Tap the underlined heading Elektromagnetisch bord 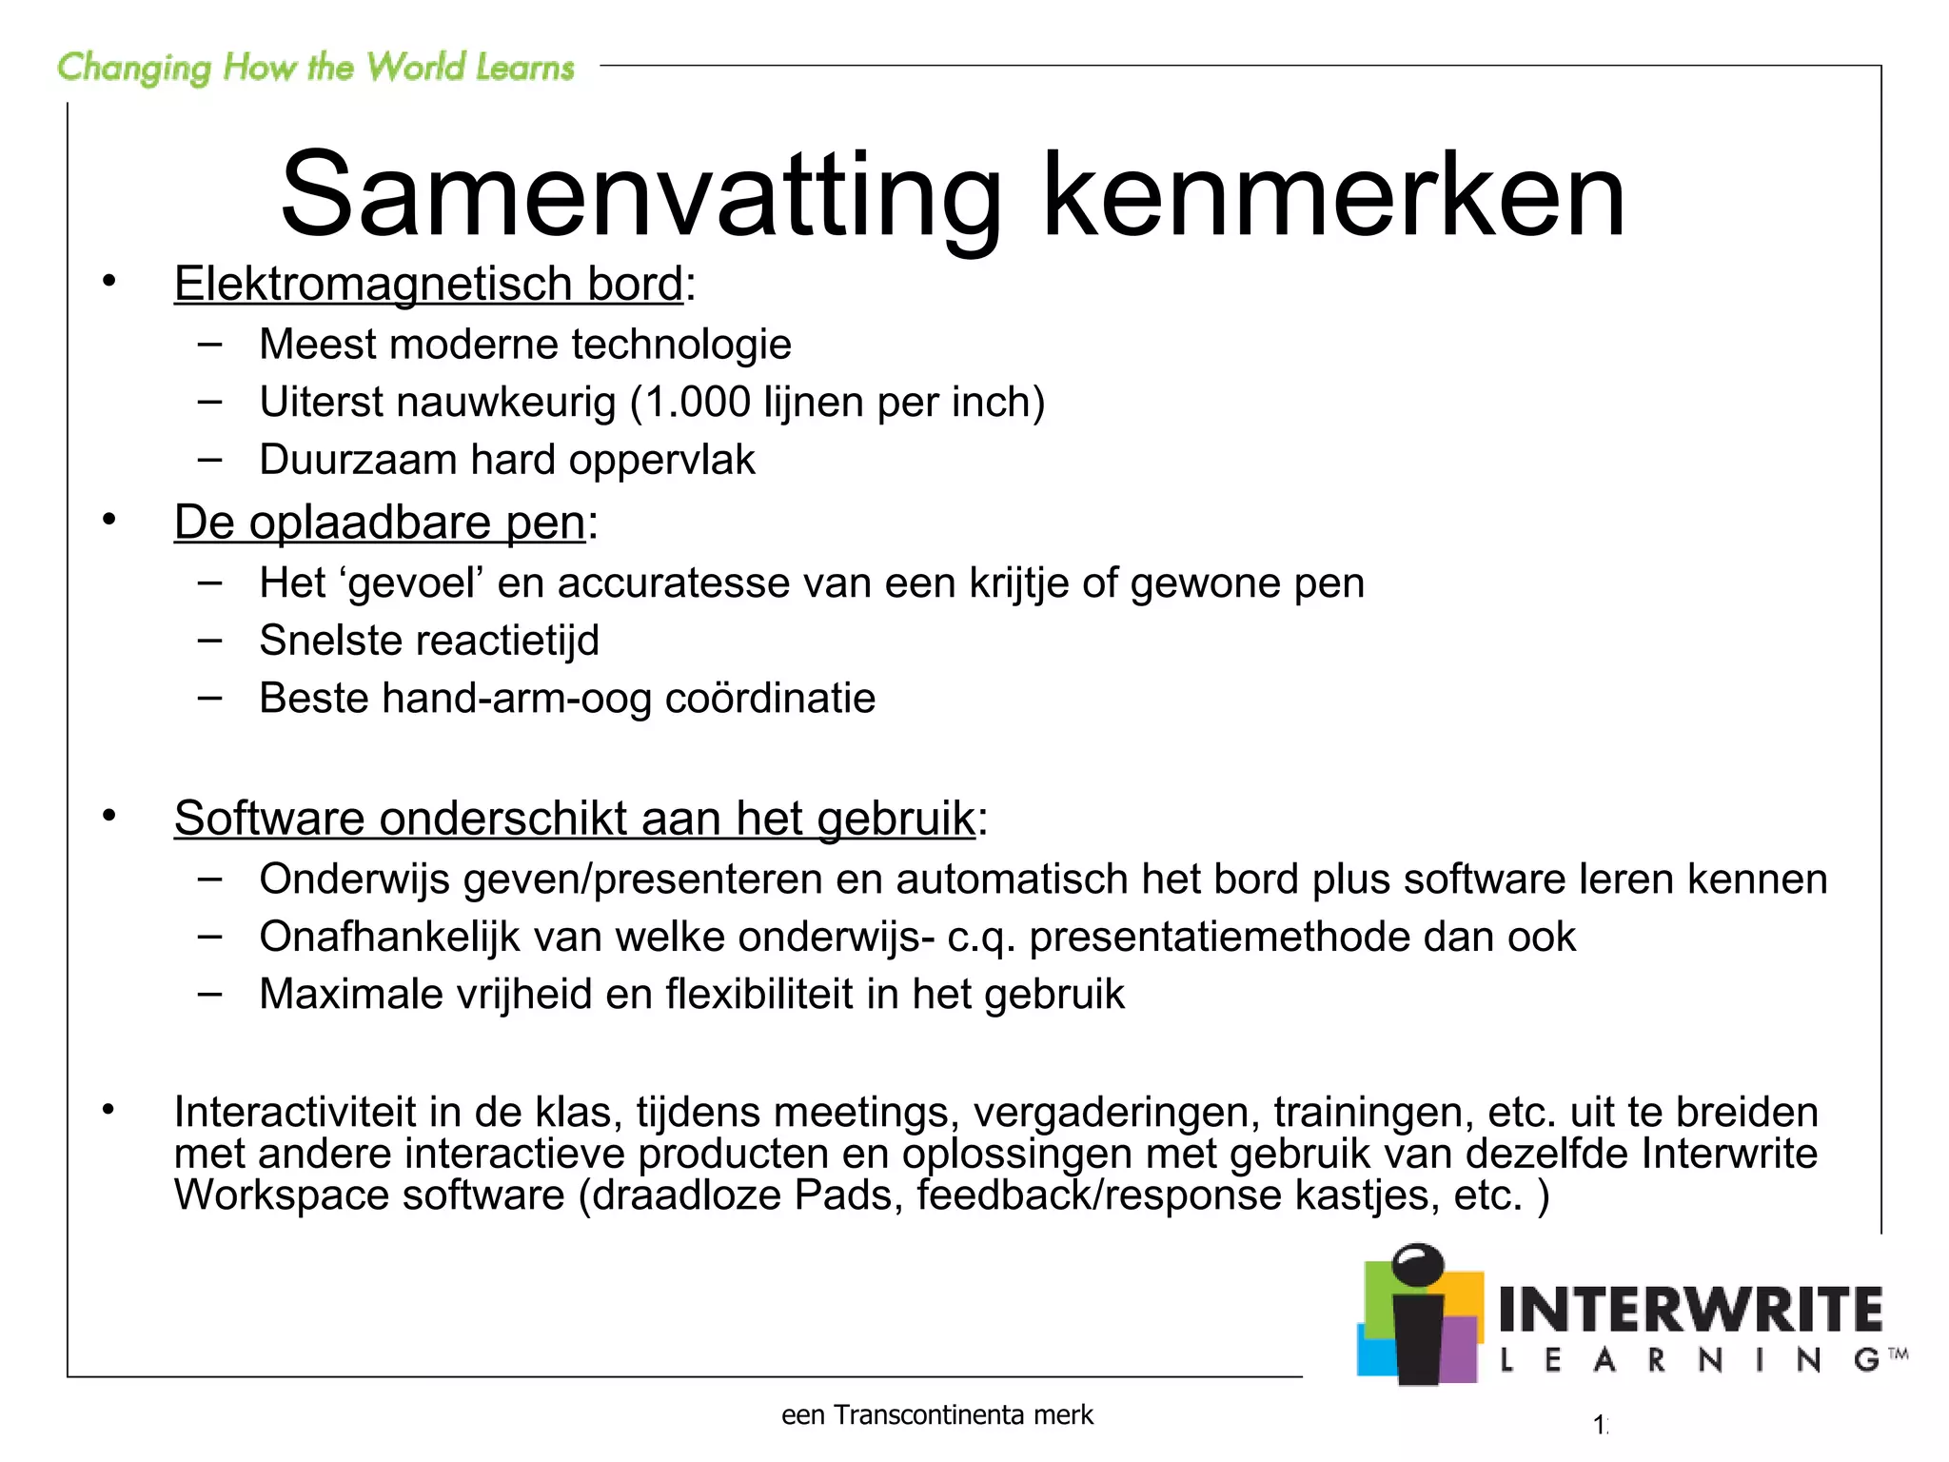click(428, 284)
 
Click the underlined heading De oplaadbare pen click(379, 523)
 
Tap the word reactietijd click(491, 641)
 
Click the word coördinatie click(769, 699)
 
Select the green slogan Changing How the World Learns click(315, 68)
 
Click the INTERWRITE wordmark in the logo click(1690, 1310)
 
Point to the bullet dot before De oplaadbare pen click(109, 520)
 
